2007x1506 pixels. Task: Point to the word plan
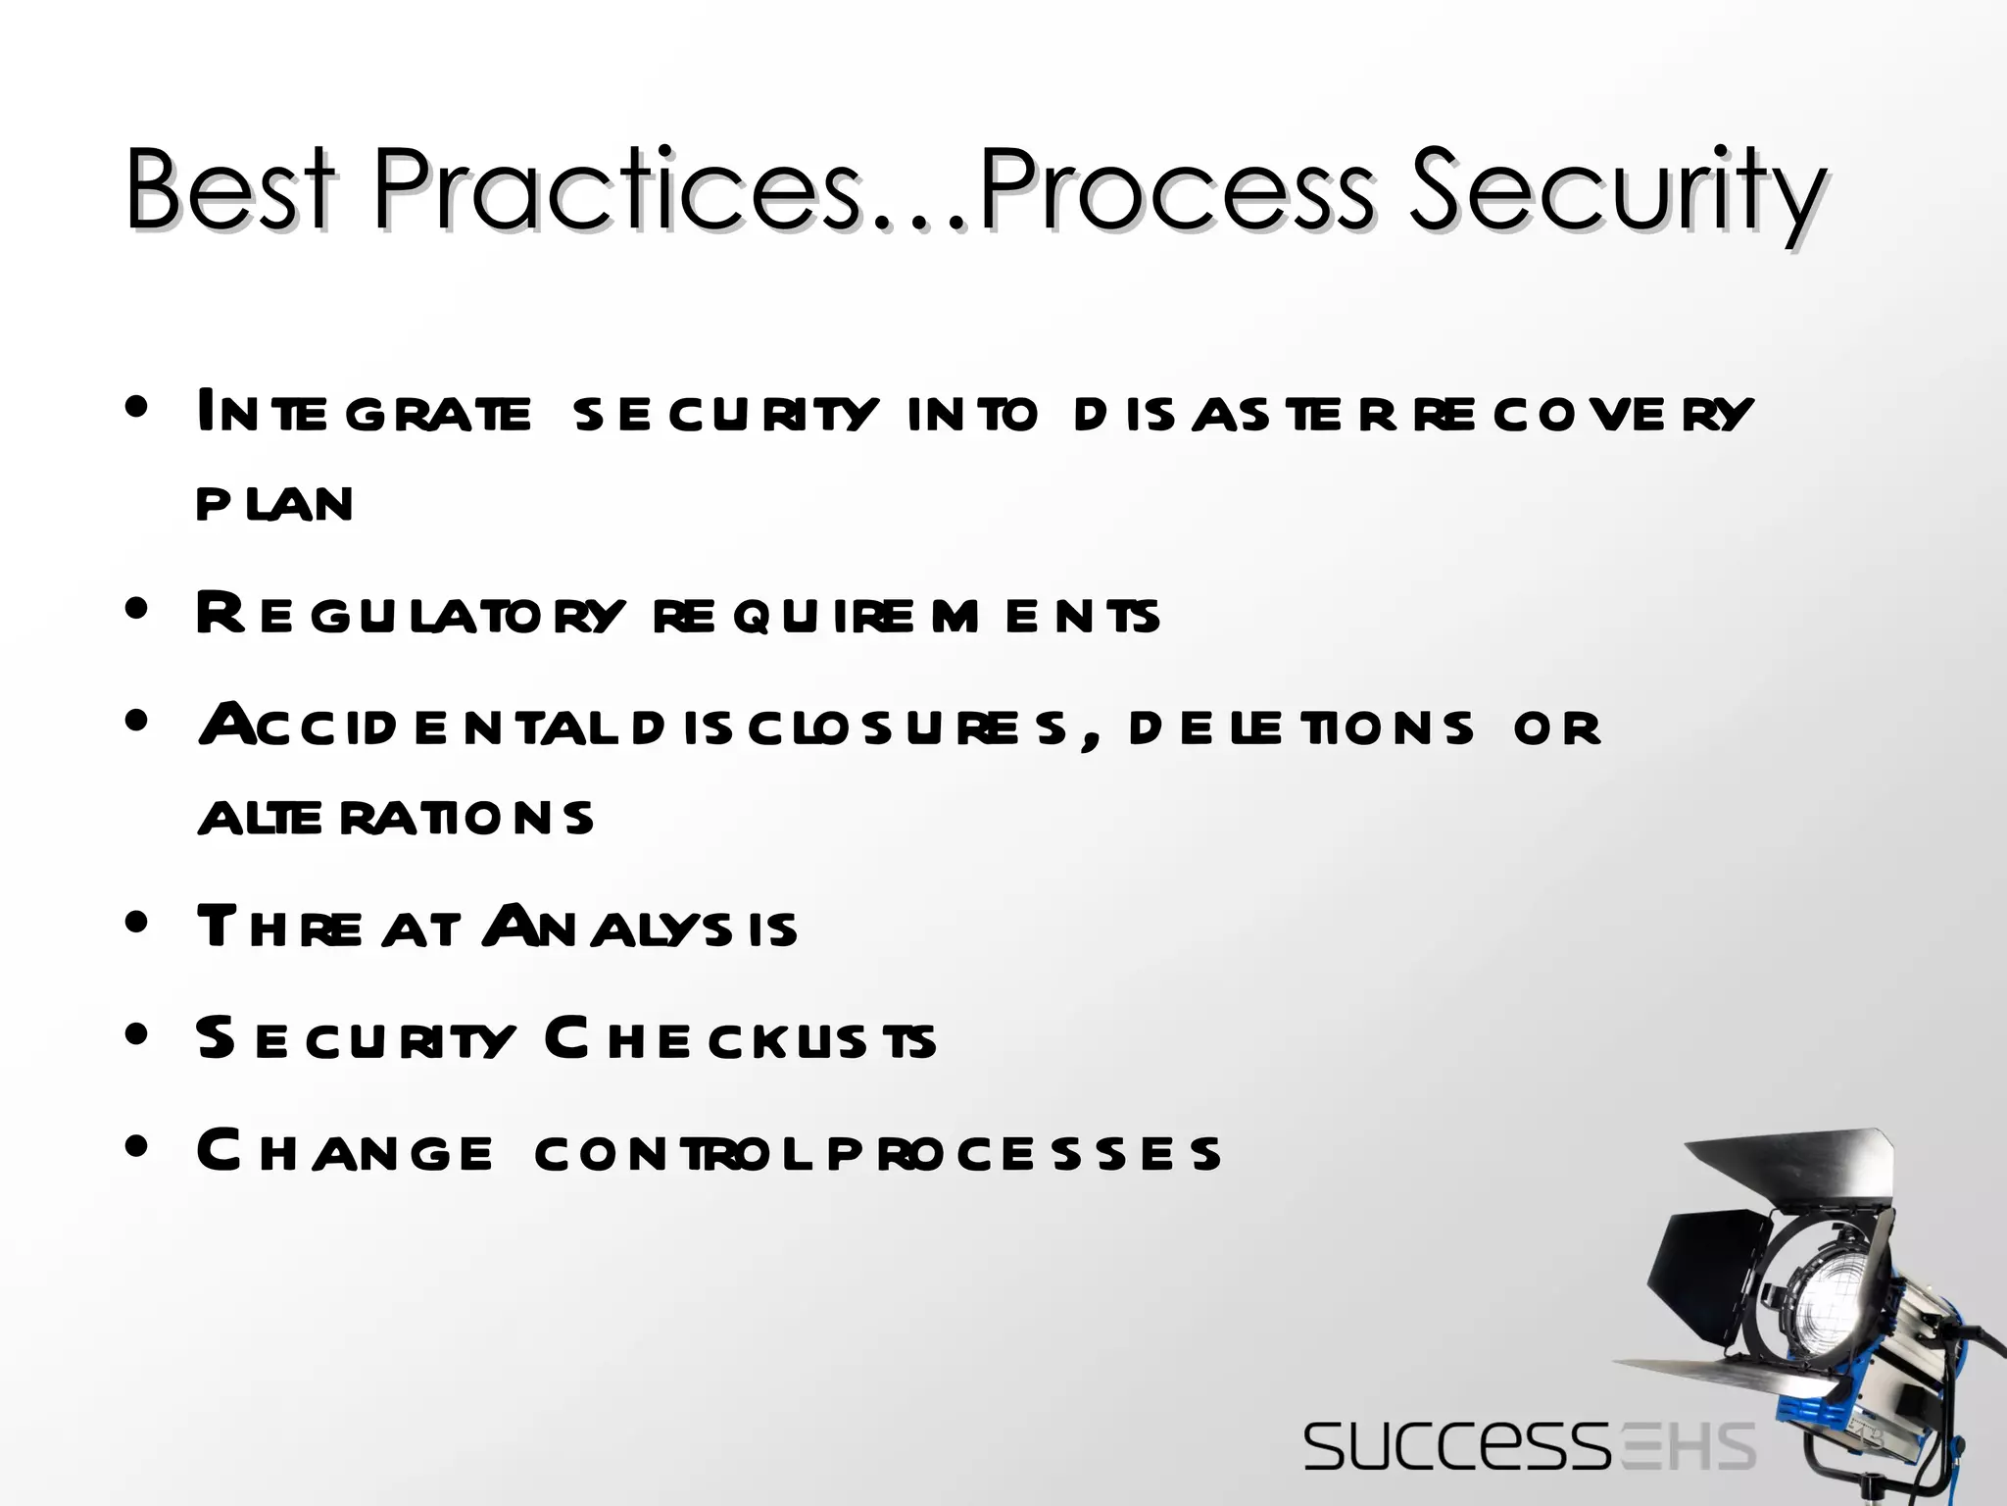[274, 504]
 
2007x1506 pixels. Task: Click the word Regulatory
[410, 615]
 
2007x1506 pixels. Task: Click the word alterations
[396, 818]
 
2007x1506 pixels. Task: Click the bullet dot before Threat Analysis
[137, 923]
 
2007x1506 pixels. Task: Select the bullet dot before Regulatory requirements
[137, 609]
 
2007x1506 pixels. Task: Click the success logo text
[1454, 1447]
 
